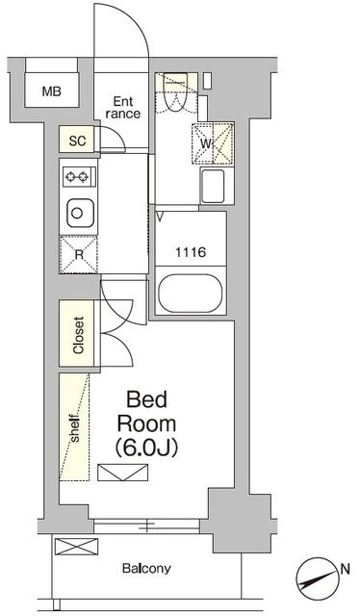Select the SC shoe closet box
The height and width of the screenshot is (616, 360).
[78, 141]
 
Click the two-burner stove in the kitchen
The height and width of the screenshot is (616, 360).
[77, 176]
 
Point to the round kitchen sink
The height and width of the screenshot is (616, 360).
[77, 212]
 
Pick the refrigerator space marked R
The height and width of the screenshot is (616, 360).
[78, 254]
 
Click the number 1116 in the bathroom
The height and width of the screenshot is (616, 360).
[189, 252]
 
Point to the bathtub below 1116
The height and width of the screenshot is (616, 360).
[190, 293]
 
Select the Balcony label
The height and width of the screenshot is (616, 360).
[146, 568]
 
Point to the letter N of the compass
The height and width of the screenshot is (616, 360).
[345, 568]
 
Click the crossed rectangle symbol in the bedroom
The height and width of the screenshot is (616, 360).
[123, 472]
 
